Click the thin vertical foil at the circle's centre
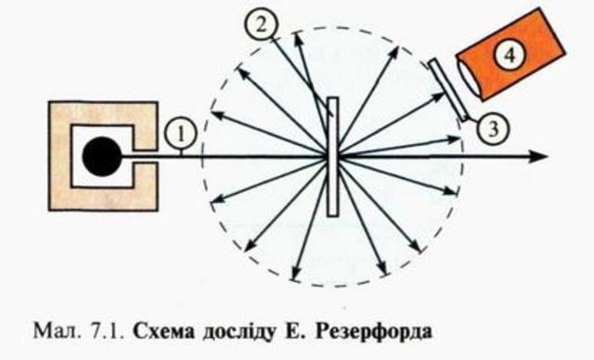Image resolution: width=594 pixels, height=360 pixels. pyautogui.click(x=331, y=156)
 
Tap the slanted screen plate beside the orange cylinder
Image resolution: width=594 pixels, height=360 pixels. pyautogui.click(x=450, y=89)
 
